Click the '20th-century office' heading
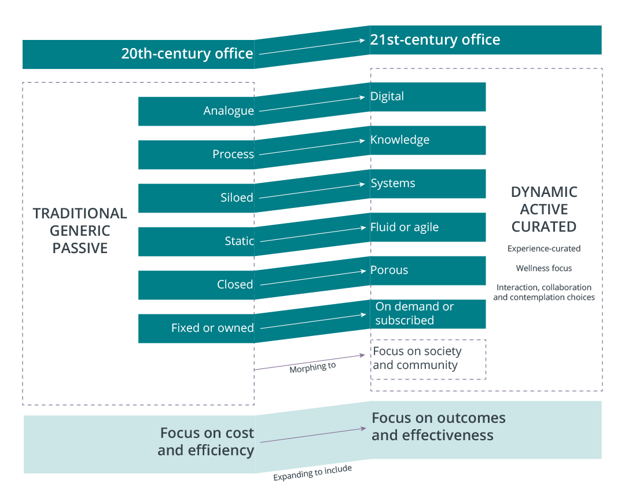pyautogui.click(x=187, y=54)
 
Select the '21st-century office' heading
pyautogui.click(x=435, y=40)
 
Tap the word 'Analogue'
pyautogui.click(x=229, y=111)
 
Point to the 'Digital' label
pyautogui.click(x=387, y=96)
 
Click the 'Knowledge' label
pyautogui.click(x=400, y=140)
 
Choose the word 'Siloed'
pyautogui.click(x=237, y=198)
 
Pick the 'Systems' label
pyautogui.click(x=393, y=183)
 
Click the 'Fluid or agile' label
pyautogui.click(x=405, y=227)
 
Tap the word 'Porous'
pyautogui.click(x=389, y=270)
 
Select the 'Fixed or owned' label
pyautogui.click(x=212, y=328)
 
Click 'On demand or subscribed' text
pyautogui.click(x=414, y=313)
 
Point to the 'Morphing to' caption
pyautogui.click(x=312, y=367)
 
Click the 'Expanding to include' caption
pyautogui.click(x=312, y=473)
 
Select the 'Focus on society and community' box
pyautogui.click(x=428, y=359)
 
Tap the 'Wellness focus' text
pyautogui.click(x=544, y=268)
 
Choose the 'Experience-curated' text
pyautogui.click(x=544, y=248)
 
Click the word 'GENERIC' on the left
pyautogui.click(x=80, y=231)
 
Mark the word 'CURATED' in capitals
pyautogui.click(x=544, y=226)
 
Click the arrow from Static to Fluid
pyautogui.click(x=312, y=234)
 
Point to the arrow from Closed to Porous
pyautogui.click(x=312, y=277)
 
